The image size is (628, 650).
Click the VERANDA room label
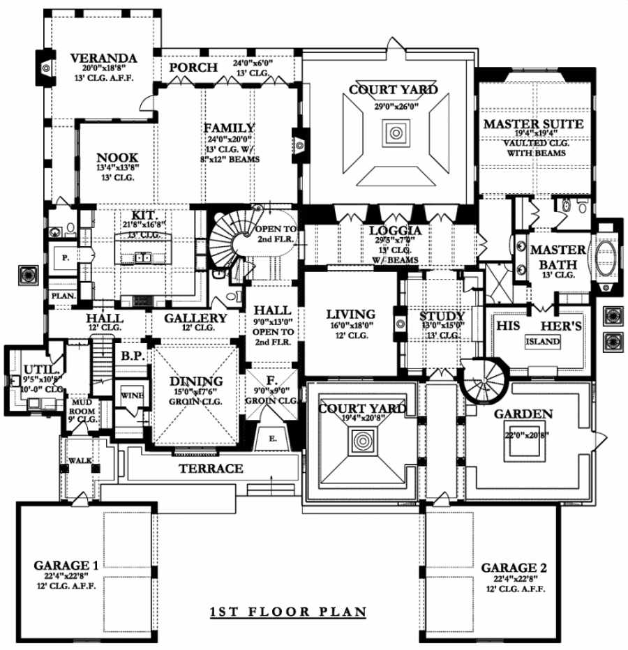(x=102, y=57)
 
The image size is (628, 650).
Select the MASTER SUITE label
(x=543, y=124)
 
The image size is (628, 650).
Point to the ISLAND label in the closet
(x=542, y=342)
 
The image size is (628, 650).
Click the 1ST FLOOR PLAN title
(x=288, y=612)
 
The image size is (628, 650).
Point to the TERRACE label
(x=210, y=468)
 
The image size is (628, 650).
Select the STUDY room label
(x=442, y=318)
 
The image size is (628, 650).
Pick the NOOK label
(x=117, y=158)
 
